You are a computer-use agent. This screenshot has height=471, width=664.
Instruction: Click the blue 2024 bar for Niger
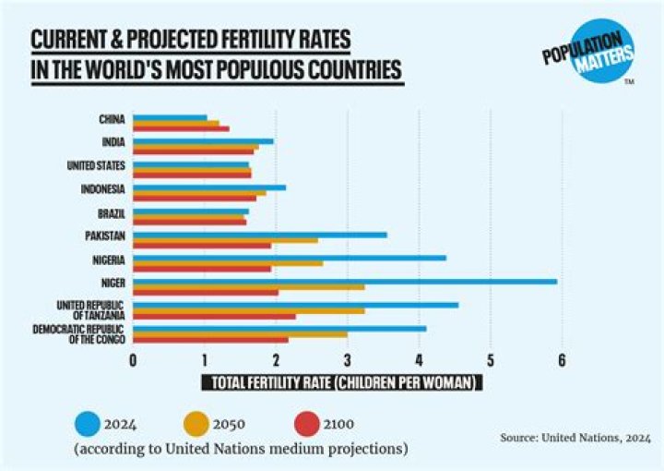tap(345, 281)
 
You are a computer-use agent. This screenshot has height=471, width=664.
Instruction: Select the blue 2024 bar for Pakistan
tap(260, 235)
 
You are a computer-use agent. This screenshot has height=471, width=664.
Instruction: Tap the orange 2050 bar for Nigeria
tap(228, 263)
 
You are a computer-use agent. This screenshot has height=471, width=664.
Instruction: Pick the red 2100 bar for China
tap(181, 128)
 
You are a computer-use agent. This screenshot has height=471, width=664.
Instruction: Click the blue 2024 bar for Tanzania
tap(295, 304)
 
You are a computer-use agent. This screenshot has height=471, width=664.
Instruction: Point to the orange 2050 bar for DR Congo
tap(240, 333)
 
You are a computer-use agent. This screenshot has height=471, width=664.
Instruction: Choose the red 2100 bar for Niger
tap(206, 292)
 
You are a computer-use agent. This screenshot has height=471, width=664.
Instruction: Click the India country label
tap(113, 142)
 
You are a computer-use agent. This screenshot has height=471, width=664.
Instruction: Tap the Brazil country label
tap(112, 212)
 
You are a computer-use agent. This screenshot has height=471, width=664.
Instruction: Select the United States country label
tap(97, 166)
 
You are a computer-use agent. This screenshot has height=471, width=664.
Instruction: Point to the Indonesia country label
tap(104, 189)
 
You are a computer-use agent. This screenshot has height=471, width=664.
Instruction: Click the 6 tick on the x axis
tap(561, 360)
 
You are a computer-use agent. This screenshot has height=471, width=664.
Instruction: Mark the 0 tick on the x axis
tap(133, 360)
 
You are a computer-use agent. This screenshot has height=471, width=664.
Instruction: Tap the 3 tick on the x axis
tap(347, 360)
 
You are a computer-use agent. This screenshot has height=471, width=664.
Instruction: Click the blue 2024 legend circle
tap(89, 424)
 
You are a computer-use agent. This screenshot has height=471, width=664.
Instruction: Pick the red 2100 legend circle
tap(310, 424)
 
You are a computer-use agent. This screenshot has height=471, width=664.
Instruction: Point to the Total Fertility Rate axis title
tap(342, 381)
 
